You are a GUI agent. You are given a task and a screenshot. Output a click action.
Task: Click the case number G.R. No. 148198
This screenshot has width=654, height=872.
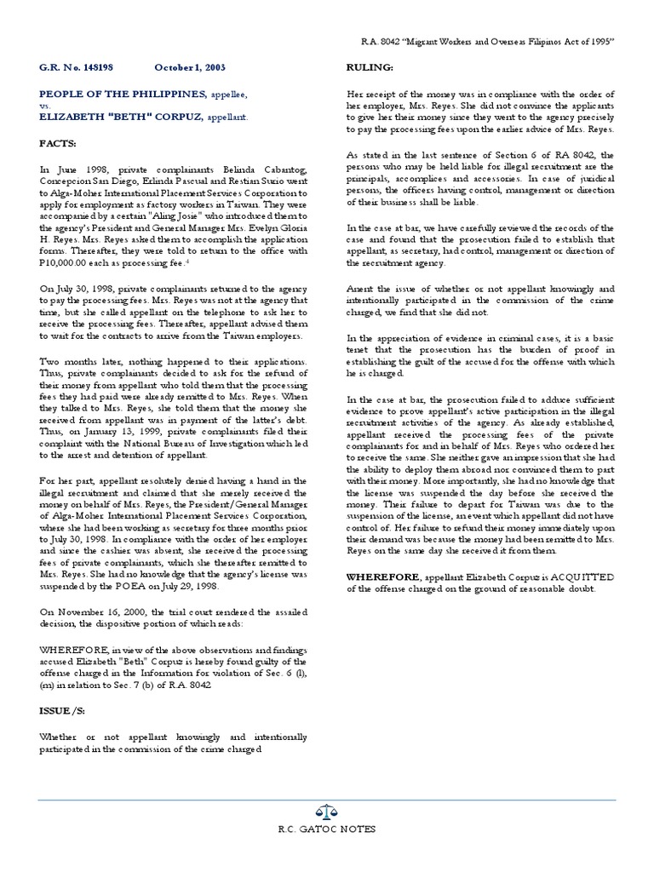point(77,67)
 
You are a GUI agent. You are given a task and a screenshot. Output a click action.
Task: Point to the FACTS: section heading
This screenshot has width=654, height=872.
point(57,146)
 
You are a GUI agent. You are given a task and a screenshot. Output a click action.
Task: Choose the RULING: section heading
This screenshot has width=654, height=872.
point(369,66)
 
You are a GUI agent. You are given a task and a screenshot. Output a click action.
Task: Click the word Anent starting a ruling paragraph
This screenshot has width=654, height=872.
point(361,289)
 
